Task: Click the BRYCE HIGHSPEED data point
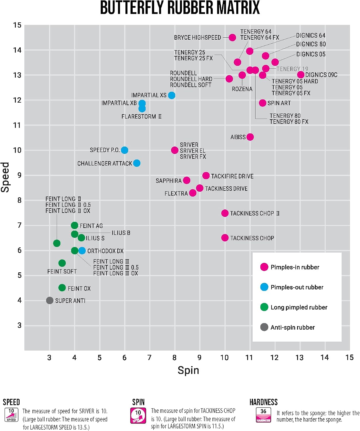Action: pyautogui.click(x=232, y=37)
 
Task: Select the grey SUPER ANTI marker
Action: pyautogui.click(x=49, y=300)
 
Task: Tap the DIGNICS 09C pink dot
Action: pyautogui.click(x=301, y=74)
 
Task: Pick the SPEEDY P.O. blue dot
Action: pyautogui.click(x=124, y=150)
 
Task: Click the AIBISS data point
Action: pyautogui.click(x=250, y=137)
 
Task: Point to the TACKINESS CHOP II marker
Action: pyautogui.click(x=225, y=213)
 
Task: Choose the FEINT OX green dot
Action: pyautogui.click(x=62, y=288)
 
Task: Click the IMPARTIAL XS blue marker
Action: pyautogui.click(x=172, y=95)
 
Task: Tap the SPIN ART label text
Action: pyautogui.click(x=279, y=103)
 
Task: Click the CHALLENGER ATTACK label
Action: pyautogui.click(x=104, y=163)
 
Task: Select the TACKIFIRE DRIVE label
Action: pyautogui.click(x=232, y=176)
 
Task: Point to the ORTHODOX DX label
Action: pyautogui.click(x=105, y=251)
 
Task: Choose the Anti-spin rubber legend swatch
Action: pyautogui.click(x=264, y=327)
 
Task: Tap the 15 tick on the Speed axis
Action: pyautogui.click(x=17, y=25)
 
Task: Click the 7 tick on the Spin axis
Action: pyautogui.click(x=149, y=357)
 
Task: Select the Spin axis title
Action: pyautogui.click(x=188, y=370)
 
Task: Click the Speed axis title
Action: pyautogui.click(x=5, y=177)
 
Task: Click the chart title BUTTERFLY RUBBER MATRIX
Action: pyautogui.click(x=180, y=8)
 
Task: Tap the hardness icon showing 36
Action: pyautogui.click(x=264, y=415)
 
